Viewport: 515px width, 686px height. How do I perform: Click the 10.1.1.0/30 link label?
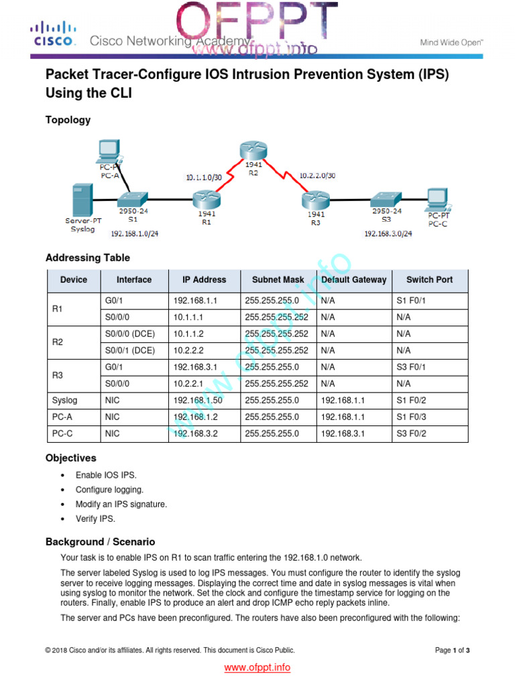[x=205, y=177]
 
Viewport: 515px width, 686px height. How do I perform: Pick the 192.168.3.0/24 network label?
[x=388, y=234]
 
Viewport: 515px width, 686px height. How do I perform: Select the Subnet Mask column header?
[x=278, y=280]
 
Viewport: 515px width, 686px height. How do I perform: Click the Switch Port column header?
[x=429, y=280]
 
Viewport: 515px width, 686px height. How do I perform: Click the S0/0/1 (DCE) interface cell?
[x=130, y=350]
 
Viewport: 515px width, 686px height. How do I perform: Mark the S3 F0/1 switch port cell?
[x=411, y=367]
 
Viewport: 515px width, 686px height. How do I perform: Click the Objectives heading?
[x=70, y=458]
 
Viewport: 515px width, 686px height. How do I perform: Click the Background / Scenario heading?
[x=100, y=541]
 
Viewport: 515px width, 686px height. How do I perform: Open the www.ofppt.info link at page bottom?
[x=257, y=667]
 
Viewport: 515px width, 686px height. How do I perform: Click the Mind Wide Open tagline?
[x=451, y=42]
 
